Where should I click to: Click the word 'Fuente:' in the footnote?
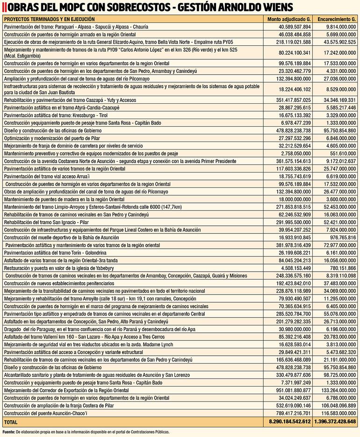point(9,432)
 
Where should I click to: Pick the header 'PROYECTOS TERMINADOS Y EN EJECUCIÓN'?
point(50,19)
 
